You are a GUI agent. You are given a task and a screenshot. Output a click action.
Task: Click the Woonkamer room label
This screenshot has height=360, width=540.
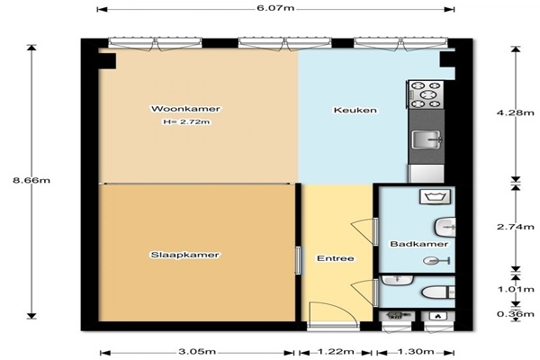coord(185,109)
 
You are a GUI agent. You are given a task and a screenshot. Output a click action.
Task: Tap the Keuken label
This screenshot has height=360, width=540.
coord(355,110)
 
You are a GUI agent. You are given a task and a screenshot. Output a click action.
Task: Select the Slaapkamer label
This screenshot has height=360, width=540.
coord(184,255)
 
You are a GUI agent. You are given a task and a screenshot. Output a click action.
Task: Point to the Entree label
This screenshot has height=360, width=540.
coord(336,258)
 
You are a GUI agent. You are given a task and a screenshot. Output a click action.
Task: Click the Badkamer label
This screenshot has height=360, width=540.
coord(419,244)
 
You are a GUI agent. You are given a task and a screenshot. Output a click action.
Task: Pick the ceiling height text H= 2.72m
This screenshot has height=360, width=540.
coord(186,121)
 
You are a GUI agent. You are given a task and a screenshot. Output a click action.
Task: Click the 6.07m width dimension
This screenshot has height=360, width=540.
coord(275,8)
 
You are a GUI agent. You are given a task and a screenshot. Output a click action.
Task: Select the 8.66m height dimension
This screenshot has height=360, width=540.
coord(31,180)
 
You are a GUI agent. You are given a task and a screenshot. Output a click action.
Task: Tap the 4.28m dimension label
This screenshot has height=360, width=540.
coord(515,112)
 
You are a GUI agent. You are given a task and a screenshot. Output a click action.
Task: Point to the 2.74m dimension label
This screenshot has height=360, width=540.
coord(515,227)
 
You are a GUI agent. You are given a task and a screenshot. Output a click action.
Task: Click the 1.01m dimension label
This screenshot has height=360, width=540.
coord(516,290)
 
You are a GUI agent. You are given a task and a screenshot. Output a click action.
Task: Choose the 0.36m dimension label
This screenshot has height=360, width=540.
coord(516,314)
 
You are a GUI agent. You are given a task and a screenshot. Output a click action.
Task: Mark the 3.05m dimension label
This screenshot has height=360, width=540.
coord(197,352)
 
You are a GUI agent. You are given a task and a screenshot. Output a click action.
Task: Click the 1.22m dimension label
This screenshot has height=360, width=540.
coord(336,352)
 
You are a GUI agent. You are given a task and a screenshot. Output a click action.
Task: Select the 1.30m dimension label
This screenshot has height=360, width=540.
coord(416,352)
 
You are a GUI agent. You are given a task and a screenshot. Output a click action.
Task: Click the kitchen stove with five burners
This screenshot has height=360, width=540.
coord(426,94)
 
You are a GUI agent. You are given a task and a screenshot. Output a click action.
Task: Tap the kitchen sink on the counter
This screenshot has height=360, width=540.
coord(427,139)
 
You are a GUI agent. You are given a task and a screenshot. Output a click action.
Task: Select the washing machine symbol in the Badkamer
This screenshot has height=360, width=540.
coord(435,197)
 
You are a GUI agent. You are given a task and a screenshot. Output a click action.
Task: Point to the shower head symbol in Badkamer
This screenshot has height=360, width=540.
coord(436,261)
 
